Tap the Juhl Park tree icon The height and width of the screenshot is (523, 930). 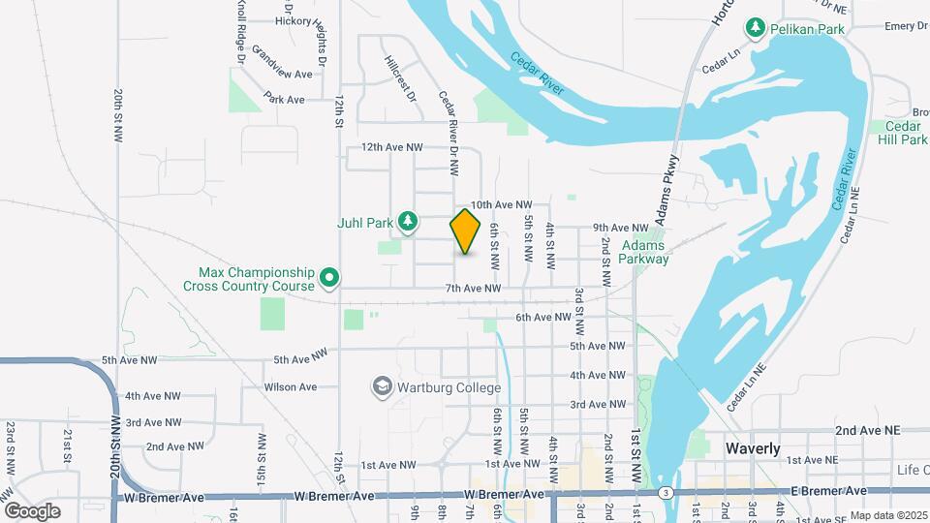409,222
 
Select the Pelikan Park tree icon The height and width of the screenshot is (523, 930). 755,29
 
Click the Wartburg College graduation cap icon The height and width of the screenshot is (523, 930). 382,387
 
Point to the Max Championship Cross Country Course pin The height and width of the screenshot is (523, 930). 329,279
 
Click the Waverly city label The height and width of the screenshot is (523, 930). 753,448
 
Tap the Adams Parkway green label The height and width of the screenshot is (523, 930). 645,252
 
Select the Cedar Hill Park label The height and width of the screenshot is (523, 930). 899,133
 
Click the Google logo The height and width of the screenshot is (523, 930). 32,510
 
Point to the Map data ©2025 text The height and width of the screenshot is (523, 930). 887,515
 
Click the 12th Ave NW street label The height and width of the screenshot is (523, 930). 391,147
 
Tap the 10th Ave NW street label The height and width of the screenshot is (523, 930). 502,205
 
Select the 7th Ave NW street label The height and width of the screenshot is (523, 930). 473,289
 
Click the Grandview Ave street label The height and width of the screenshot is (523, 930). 281,73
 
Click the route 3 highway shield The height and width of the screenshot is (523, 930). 666,492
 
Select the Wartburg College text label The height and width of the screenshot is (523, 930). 448,388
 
